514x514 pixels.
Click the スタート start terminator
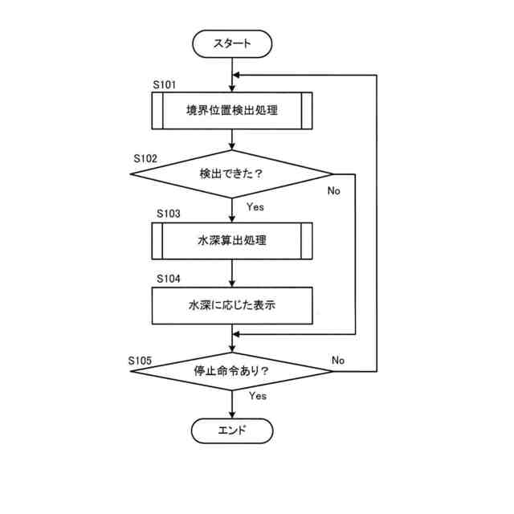pyautogui.click(x=232, y=44)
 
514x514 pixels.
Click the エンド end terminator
pyautogui.click(x=232, y=430)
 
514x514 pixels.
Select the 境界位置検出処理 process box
pyautogui.click(x=232, y=111)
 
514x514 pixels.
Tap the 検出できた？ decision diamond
pyautogui.click(x=232, y=173)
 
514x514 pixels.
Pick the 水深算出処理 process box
pyautogui.click(x=232, y=240)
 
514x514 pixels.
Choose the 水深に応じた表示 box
pyautogui.click(x=232, y=306)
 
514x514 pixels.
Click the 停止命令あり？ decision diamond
pyautogui.click(x=232, y=372)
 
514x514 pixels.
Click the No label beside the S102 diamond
pyautogui.click(x=334, y=191)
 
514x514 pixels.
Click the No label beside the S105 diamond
pyautogui.click(x=338, y=360)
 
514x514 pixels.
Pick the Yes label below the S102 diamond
pyautogui.click(x=255, y=206)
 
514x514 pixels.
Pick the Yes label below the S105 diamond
pyautogui.click(x=257, y=396)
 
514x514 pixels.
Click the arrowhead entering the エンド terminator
pyautogui.click(x=232, y=412)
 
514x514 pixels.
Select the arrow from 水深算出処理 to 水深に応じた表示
pyautogui.click(x=232, y=275)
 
